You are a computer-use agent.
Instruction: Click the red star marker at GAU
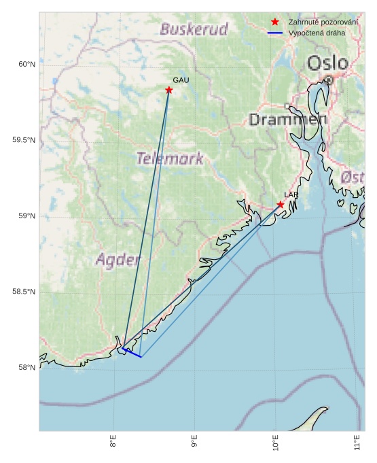pyautogui.click(x=169, y=90)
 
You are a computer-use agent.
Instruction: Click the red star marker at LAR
pyautogui.click(x=281, y=205)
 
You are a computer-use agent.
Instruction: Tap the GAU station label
pyautogui.click(x=181, y=80)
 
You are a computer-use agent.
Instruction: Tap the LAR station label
pyautogui.click(x=291, y=195)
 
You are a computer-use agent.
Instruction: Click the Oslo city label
pyautogui.click(x=328, y=64)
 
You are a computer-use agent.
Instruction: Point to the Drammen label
pyautogui.click(x=288, y=120)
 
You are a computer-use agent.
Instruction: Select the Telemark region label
pyautogui.click(x=170, y=159)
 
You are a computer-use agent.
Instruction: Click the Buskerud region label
pyautogui.click(x=194, y=29)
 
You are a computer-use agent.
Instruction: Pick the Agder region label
pyautogui.click(x=118, y=260)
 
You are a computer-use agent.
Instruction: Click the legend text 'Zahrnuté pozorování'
pyautogui.click(x=323, y=22)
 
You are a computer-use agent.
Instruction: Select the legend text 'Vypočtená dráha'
pyautogui.click(x=317, y=33)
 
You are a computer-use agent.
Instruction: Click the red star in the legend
pyautogui.click(x=275, y=22)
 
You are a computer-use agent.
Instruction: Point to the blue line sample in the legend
pyautogui.click(x=275, y=33)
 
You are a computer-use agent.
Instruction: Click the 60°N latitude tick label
pyautogui.click(x=26, y=65)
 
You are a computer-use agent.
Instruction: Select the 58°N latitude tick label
pyautogui.click(x=26, y=368)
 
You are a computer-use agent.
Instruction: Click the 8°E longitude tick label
pyautogui.click(x=113, y=444)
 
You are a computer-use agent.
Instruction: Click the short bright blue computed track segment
pyautogui.click(x=132, y=353)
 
